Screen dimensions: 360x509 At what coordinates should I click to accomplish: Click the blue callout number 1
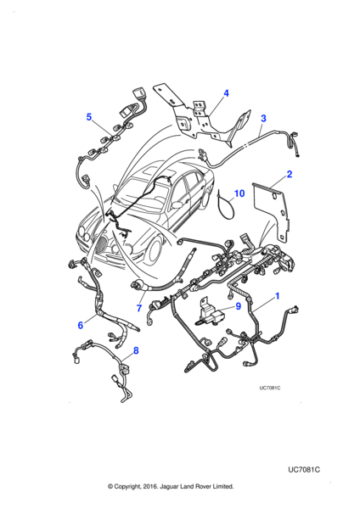coord(277,296)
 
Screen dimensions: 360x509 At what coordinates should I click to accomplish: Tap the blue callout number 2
coord(290,174)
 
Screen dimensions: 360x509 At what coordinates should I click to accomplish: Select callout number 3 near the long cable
coord(263,119)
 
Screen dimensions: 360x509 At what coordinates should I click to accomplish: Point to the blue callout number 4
coord(226,93)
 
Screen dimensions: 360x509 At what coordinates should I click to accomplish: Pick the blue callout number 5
coord(89,117)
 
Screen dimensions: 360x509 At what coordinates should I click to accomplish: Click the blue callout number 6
coord(81,325)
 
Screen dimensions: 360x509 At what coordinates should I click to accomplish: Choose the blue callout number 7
coord(139,308)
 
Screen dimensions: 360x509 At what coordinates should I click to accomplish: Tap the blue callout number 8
coord(136,350)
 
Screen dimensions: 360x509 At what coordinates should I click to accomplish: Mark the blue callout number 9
coord(238,306)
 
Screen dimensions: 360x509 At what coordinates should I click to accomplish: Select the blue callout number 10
coord(239,193)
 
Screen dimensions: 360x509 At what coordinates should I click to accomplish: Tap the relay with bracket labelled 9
coord(210,312)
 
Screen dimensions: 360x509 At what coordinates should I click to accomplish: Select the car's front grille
coord(104,246)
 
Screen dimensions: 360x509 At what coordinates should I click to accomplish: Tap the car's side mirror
coord(177,204)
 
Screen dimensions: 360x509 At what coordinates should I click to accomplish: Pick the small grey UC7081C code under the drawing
coord(270,389)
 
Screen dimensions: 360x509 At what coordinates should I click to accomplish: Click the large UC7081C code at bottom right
coord(304,470)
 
